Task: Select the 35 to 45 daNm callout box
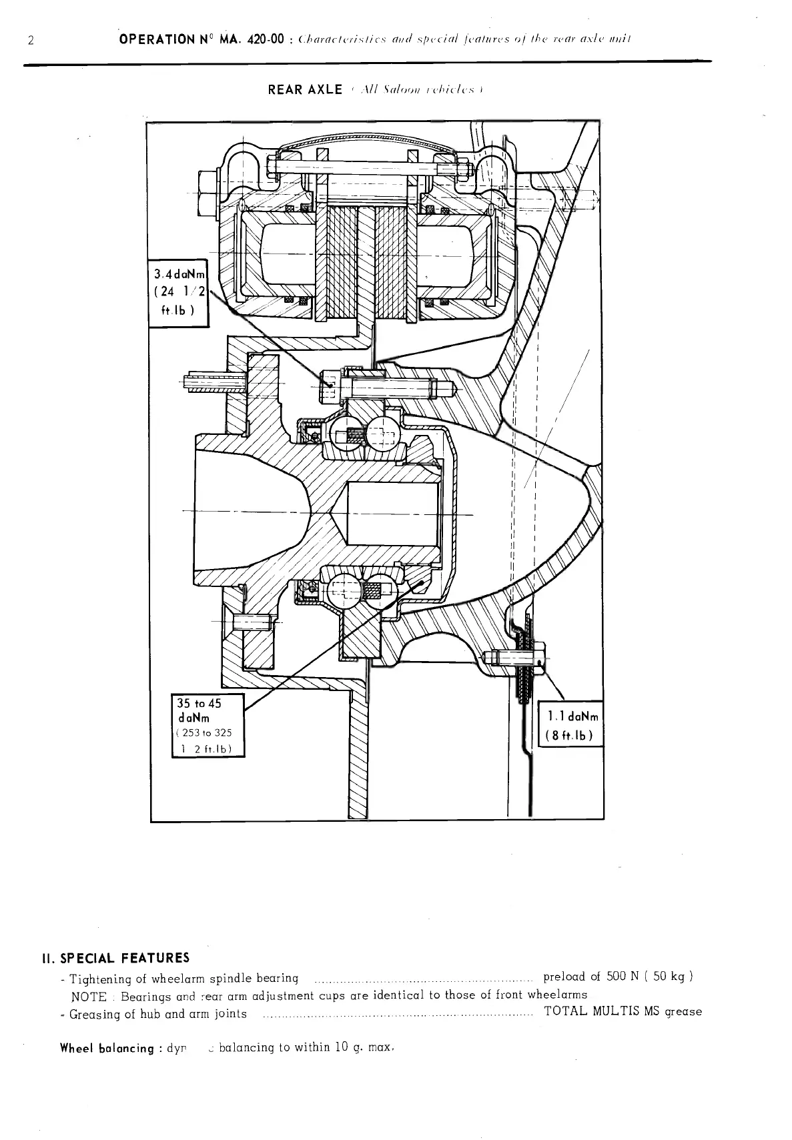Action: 208,726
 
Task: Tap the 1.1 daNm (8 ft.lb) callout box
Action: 570,725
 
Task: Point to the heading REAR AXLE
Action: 305,90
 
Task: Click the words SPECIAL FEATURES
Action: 125,959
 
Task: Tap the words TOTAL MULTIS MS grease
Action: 623,1011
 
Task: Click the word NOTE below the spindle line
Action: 89,997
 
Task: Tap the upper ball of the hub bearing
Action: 342,434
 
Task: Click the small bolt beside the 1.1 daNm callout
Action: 510,658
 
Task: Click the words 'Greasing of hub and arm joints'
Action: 158,1014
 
